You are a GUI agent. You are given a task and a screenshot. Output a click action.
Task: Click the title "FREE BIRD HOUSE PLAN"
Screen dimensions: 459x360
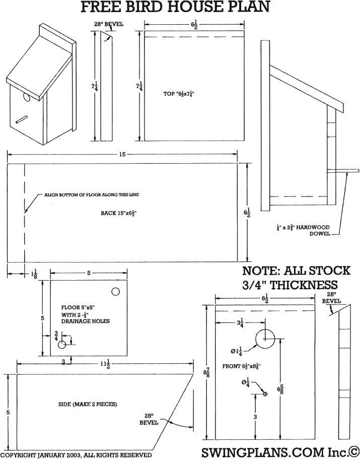176,7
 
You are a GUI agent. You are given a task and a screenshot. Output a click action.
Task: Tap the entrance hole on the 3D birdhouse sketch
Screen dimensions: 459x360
25,97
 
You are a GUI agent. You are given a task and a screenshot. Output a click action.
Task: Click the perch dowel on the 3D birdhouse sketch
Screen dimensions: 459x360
22,119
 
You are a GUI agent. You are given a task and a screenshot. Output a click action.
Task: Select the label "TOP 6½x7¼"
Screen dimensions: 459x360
179,94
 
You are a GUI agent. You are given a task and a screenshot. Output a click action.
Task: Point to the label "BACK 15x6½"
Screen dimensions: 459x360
119,213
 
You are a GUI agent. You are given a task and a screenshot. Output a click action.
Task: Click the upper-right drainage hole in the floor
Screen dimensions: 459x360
115,291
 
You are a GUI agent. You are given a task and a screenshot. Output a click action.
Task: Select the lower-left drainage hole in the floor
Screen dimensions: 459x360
62,345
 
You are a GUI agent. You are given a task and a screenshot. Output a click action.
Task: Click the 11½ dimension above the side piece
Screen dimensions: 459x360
105,363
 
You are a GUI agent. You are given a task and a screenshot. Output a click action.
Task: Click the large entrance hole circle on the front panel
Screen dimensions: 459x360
264,339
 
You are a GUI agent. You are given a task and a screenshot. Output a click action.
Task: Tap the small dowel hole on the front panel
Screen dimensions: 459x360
265,394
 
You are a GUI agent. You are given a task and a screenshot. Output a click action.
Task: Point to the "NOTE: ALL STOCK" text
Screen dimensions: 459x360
296,271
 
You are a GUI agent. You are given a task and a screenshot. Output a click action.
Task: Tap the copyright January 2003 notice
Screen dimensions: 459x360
76,454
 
